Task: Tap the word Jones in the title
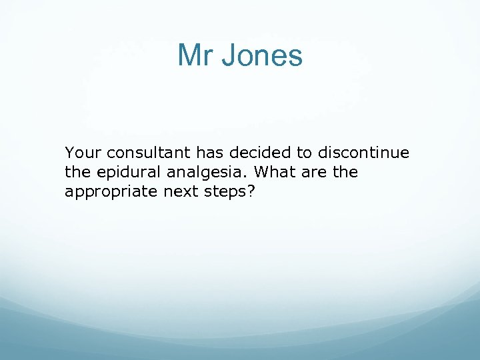pos(261,55)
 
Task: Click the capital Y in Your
pos(69,153)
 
